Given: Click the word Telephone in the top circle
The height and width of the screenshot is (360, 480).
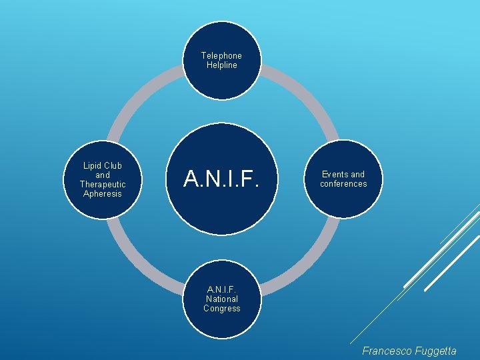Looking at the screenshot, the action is pos(221,56).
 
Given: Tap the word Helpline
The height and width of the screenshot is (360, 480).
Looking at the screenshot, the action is pos(221,65).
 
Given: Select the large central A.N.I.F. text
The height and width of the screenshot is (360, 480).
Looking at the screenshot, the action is pos(221,179).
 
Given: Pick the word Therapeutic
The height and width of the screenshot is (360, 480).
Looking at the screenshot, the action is pos(102,185).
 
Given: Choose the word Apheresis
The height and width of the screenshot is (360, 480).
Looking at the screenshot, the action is pos(102,194).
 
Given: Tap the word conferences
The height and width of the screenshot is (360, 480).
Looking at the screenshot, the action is pos(343,184).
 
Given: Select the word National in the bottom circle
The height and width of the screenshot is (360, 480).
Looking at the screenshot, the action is pos(221,299).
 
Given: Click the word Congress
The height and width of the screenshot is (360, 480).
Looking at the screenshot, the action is pos(221,309).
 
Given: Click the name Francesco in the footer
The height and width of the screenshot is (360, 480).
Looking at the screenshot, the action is pos(387,350).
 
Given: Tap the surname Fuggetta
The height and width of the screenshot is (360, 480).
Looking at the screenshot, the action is pos(435,350).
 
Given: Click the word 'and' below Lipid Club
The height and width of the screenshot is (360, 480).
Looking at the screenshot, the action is pos(102,175).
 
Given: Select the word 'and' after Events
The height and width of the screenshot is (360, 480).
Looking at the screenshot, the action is pos(357,175).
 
